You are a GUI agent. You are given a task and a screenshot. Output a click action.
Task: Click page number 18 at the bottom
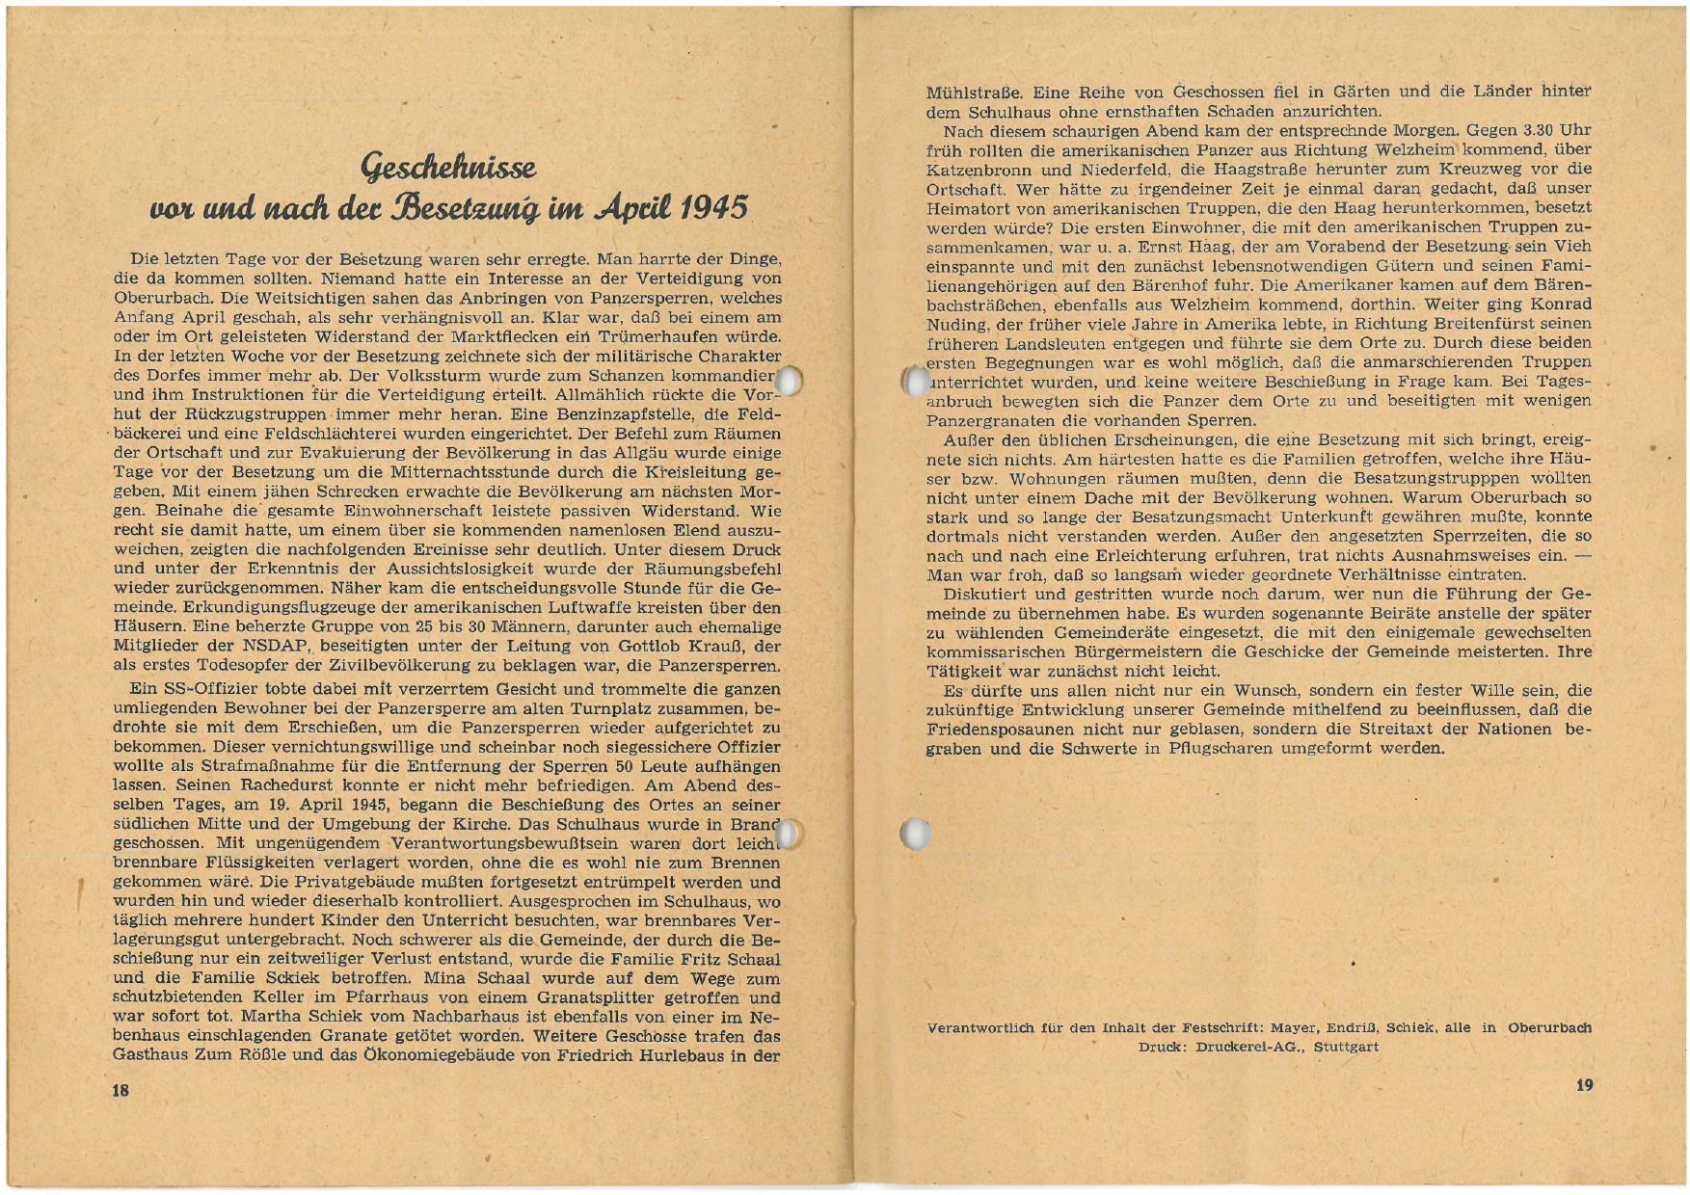coord(121,1090)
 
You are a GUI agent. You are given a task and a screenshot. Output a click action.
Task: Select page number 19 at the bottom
coord(1584,1085)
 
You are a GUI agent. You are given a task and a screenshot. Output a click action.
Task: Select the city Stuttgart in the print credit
coord(1346,1047)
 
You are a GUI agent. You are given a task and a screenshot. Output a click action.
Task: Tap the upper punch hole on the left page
coord(789,381)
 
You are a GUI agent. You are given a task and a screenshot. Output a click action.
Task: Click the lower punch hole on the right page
coord(915,834)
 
